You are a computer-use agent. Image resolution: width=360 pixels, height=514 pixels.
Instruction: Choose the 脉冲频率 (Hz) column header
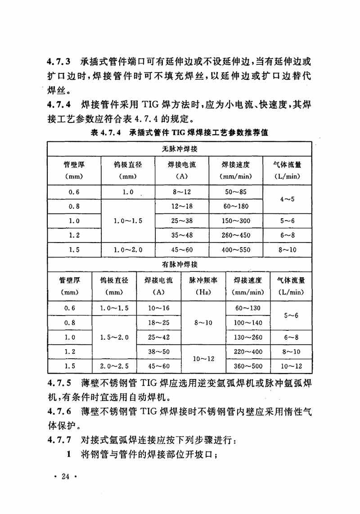[x=203, y=286]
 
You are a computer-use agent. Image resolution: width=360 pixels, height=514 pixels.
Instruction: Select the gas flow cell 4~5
[x=287, y=199]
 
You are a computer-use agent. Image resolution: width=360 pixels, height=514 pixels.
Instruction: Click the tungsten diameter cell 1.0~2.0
[x=128, y=250]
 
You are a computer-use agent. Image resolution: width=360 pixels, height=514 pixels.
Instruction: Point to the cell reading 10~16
[x=158, y=308]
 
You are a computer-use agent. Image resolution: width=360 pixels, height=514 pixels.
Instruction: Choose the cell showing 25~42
[x=158, y=337]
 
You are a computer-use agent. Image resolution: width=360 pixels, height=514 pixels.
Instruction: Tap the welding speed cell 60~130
[x=248, y=308]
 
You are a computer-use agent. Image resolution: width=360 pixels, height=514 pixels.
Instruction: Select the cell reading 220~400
[x=248, y=352]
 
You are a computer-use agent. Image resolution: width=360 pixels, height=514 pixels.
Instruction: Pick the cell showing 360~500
[x=248, y=366]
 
